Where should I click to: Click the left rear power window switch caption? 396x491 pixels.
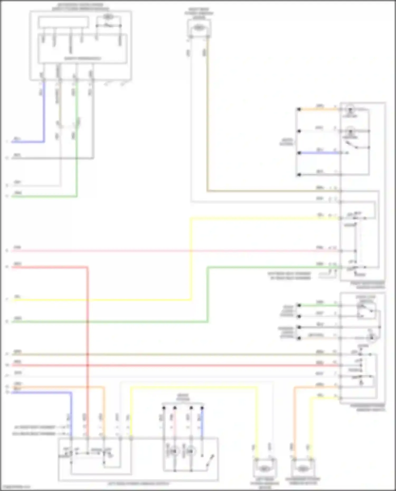[x=138, y=484]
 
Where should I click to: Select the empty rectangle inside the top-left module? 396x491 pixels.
[x=63, y=22]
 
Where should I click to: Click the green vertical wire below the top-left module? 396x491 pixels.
[x=77, y=158]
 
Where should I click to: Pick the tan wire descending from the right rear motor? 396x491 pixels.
[x=208, y=119]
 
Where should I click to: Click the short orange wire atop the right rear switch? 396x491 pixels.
[x=318, y=109]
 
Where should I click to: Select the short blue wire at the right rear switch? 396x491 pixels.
[x=319, y=153]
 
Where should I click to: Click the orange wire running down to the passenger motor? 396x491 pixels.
[x=294, y=422]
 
